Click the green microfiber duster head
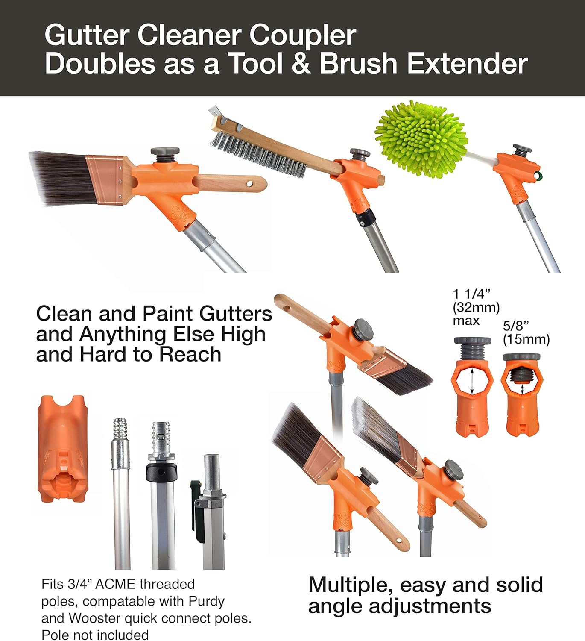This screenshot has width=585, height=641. pos(421,139)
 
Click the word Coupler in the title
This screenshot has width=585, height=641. pos(302,35)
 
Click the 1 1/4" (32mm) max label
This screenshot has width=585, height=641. pos(476,307)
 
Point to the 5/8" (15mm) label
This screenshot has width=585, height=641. pos(526,332)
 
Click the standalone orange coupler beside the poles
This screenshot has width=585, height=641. pos(63,448)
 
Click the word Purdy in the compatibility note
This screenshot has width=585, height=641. pos(207,601)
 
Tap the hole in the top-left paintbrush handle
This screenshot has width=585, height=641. pos(249,184)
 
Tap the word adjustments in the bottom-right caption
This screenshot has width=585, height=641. pos(430,606)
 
